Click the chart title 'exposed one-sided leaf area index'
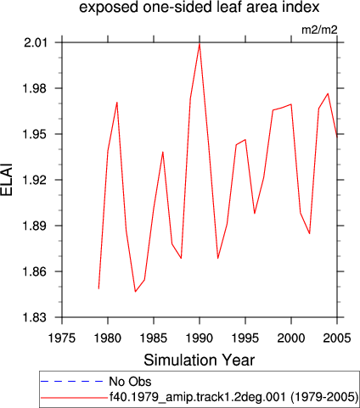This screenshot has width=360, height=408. click(x=199, y=8)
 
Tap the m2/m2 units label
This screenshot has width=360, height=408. click(x=319, y=30)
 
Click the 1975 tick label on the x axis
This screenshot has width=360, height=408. click(x=62, y=338)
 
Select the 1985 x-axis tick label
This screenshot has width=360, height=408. click(x=154, y=338)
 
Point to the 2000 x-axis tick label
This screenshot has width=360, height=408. click(x=291, y=338)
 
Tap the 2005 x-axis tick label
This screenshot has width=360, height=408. click(x=337, y=338)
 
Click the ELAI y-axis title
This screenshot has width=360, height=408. click(x=7, y=180)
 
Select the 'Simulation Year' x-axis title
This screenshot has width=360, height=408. click(x=200, y=360)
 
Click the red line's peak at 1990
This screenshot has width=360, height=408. click(x=200, y=43)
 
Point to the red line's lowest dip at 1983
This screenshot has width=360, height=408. click(x=135, y=292)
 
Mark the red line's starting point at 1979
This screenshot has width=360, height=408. click(x=98, y=288)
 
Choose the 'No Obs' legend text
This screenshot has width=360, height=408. click(x=130, y=382)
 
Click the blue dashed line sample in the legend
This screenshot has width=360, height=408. click(x=72, y=382)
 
